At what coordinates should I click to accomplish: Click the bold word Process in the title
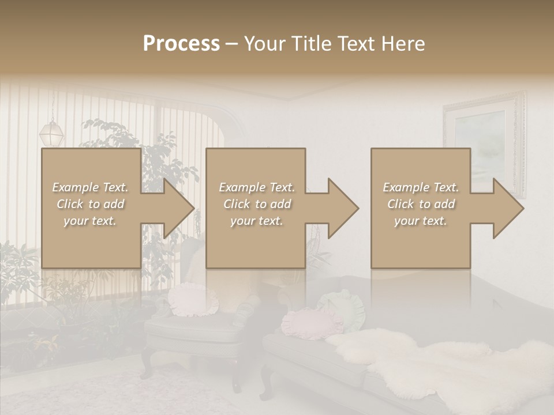click(x=181, y=44)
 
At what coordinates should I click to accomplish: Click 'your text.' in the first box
click(x=90, y=221)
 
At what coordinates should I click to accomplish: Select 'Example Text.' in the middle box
click(x=257, y=187)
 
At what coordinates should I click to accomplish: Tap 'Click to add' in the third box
click(x=421, y=204)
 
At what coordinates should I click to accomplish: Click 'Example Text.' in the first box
click(x=90, y=187)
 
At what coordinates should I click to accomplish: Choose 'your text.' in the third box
click(x=421, y=221)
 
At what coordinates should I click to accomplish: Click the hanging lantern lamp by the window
click(x=51, y=133)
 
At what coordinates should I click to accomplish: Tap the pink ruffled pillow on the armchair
click(x=193, y=300)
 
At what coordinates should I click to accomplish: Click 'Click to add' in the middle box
click(x=257, y=204)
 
